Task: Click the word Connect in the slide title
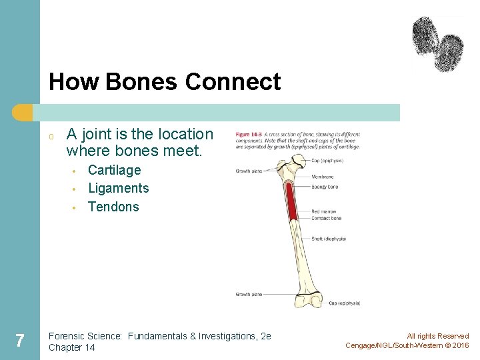tap(233, 82)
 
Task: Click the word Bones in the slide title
tap(141, 82)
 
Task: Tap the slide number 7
tap(20, 341)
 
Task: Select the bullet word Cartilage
tap(115, 170)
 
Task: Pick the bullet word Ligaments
tap(119, 188)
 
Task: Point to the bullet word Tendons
tap(113, 207)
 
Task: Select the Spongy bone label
tap(325, 187)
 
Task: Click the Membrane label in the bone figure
tap(323, 177)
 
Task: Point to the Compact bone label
tap(327, 218)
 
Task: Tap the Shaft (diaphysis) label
tap(329, 239)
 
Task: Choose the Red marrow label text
tap(325, 212)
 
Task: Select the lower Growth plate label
tap(249, 294)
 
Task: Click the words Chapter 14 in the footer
tap(72, 347)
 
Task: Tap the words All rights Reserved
tap(438, 336)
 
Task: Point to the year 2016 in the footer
tap(461, 345)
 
